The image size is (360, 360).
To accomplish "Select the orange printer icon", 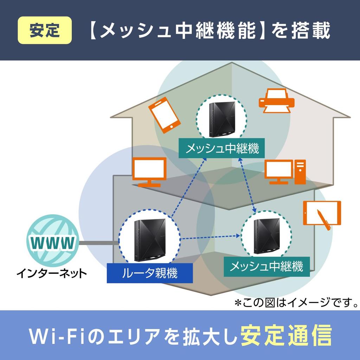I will point(276,101).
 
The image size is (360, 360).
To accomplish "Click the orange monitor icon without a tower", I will point(149,172).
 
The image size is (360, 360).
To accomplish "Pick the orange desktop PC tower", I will point(300,172).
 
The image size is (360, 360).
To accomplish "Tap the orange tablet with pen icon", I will point(322,215).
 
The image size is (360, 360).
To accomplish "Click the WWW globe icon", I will point(53,242).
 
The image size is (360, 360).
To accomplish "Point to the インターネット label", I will point(51,272).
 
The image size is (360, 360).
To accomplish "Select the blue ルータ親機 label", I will point(150,273).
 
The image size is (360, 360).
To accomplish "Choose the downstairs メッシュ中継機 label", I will point(266,267).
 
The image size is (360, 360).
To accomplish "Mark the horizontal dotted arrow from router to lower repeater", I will point(211,238).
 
